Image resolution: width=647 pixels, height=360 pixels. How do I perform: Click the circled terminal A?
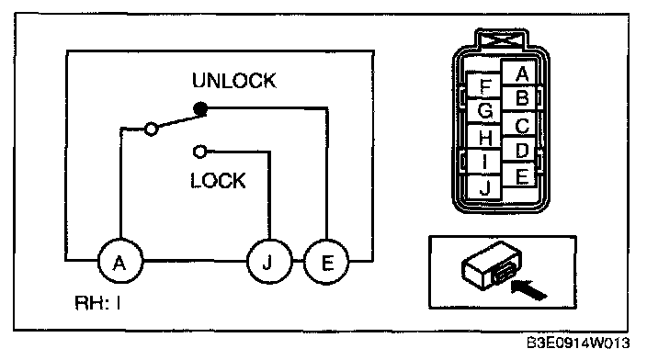pos(120,262)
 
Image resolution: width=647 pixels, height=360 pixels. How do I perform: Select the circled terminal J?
pos(269,262)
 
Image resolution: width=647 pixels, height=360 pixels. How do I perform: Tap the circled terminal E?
pos(326,262)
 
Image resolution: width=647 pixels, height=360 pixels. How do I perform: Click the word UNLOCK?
pos(234,81)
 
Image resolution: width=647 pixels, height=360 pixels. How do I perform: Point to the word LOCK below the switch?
pos(218,181)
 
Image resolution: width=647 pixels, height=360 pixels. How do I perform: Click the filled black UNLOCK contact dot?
pos(200,109)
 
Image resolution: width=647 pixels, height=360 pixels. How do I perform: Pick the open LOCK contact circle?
pos(200,152)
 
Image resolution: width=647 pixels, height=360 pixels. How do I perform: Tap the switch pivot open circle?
pos(152,129)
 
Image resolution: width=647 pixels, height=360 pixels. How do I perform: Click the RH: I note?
pos(97,303)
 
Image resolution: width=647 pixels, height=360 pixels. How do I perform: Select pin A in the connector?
pos(521,73)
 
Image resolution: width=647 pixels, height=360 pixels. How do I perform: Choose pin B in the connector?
pos(522,98)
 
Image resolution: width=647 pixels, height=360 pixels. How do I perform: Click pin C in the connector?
pos(522,125)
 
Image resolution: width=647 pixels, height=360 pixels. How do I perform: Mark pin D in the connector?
pos(522,150)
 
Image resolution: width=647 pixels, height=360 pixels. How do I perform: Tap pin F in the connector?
pos(485,85)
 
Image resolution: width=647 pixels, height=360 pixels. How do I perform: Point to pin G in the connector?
pos(484,111)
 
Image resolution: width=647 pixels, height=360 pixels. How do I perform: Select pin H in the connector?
pos(485,137)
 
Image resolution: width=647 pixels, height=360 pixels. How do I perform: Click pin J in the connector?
pos(485,188)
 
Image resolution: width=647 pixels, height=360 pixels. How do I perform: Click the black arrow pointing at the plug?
pos(529,289)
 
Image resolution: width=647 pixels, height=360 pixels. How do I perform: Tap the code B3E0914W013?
pos(578,343)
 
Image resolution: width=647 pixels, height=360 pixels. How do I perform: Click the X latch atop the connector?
pos(502,40)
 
